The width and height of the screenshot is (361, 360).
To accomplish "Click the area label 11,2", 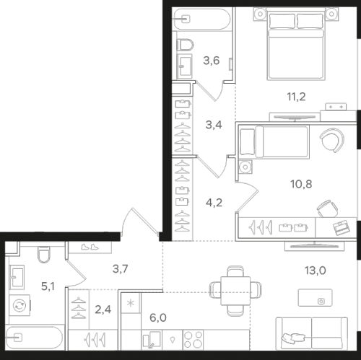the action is coord(296,97).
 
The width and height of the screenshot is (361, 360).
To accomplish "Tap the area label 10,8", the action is coord(301,184).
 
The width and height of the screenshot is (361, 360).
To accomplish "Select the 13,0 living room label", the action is coord(316,271).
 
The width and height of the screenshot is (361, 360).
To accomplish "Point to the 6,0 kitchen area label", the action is coord(158,318).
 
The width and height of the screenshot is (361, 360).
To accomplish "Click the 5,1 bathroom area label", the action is coord(48,286).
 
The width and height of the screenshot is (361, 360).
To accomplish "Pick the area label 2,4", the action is coord(103,309).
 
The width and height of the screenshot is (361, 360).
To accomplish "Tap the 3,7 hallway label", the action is coord(120,269).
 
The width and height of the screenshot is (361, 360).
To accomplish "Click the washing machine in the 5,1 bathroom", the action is coord(19,305).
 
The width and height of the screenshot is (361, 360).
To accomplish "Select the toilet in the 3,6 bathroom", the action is coord(185,45).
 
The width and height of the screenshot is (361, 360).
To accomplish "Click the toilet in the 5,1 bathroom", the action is coord(44,255).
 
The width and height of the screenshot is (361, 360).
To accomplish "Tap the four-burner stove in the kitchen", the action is coord(193,340).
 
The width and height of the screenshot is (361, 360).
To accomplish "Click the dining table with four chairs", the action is coord(235,291).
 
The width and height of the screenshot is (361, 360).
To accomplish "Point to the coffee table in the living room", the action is coord(316,298).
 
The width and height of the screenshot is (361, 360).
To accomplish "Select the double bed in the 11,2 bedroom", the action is coord(296,44).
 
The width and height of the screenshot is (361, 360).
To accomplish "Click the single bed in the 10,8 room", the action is coord(274,142).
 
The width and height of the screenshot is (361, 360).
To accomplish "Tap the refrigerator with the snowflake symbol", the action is coord(131,303).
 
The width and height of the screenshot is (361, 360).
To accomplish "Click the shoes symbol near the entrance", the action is coord(90,247).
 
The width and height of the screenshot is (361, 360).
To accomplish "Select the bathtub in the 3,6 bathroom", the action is coord(201,19).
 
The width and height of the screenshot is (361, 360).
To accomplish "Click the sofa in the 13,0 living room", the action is coord(312,333).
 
